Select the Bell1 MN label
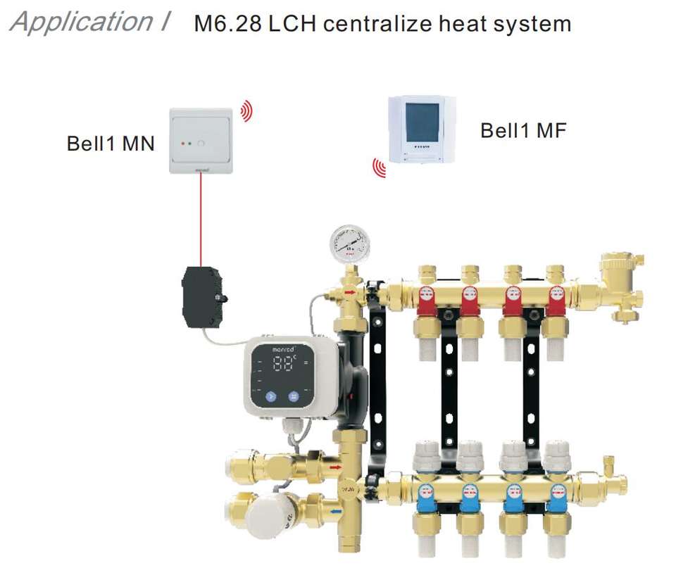[111, 144]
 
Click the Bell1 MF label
[522, 130]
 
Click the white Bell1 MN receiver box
[201, 140]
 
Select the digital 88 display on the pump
[285, 364]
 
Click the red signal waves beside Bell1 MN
[246, 110]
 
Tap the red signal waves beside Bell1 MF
[379, 167]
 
